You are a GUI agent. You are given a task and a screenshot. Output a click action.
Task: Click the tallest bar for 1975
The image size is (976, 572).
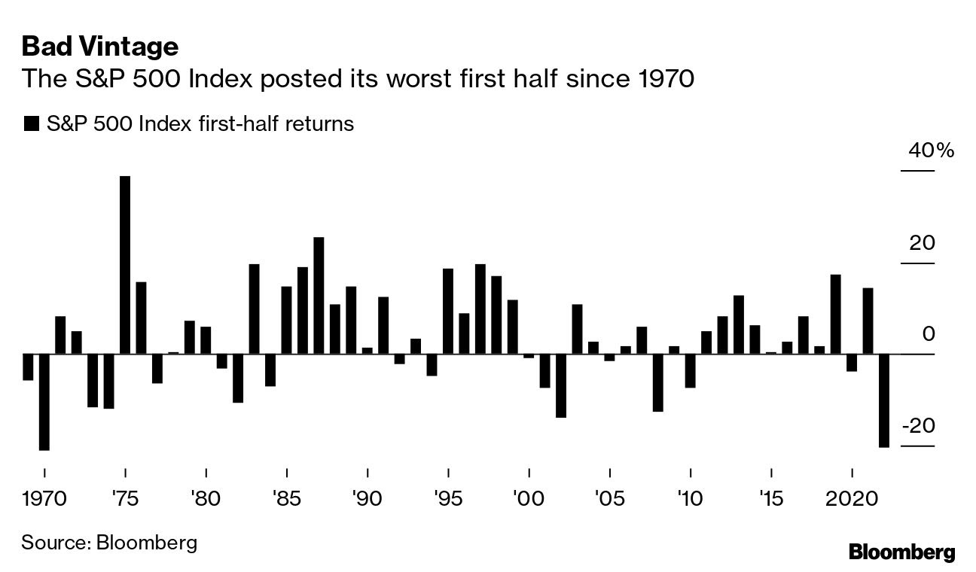[x=125, y=265]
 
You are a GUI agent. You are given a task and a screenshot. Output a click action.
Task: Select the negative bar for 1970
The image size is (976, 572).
[x=44, y=402]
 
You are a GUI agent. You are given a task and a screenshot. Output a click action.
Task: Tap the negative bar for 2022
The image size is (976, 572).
[x=883, y=400]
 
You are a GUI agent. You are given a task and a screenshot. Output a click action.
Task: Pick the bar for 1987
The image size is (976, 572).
[x=319, y=296]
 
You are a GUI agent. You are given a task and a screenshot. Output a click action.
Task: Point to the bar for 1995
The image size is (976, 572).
[x=448, y=311]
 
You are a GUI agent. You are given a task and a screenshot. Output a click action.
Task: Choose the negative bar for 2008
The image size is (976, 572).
[x=657, y=382]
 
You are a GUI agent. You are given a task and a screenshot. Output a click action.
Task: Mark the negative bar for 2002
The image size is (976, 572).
[x=561, y=385]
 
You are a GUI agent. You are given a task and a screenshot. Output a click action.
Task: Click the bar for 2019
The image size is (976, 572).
[x=835, y=314]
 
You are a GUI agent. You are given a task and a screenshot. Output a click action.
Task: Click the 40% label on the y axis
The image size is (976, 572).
[x=931, y=151]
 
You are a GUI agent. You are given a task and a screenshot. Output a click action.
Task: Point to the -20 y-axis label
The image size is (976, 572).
[x=920, y=426]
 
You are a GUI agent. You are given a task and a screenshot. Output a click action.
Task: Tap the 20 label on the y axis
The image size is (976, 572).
[x=922, y=243]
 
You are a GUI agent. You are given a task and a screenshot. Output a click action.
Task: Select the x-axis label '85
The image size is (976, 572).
[x=287, y=498]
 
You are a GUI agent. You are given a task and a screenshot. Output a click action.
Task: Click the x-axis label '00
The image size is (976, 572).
[x=529, y=498]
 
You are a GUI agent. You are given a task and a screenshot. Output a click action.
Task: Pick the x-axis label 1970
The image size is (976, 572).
[x=44, y=498]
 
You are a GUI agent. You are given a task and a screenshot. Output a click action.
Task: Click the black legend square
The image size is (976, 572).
[x=31, y=124]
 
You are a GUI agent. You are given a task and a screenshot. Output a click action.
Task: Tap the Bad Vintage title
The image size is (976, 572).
[x=100, y=47]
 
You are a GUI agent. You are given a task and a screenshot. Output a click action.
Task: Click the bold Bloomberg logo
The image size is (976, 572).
[x=901, y=552]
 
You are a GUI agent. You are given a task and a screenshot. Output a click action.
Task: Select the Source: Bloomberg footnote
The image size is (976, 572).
[x=109, y=542]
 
